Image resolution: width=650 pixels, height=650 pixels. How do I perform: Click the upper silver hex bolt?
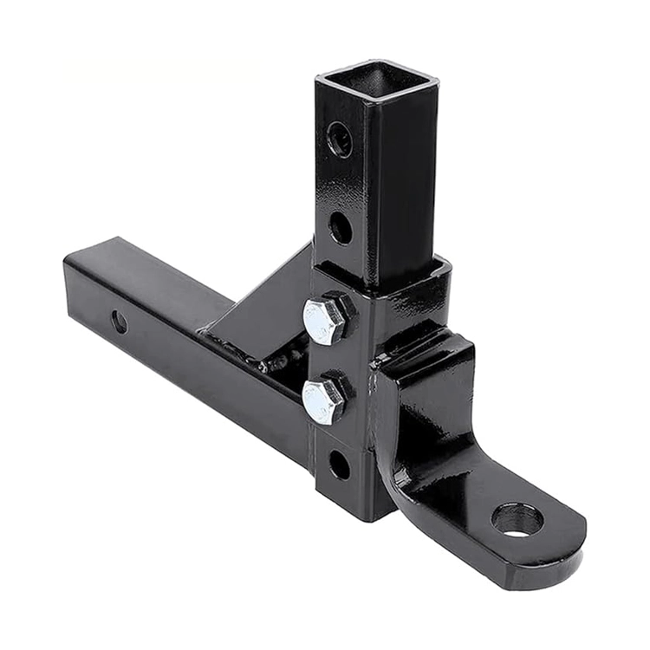(326, 320)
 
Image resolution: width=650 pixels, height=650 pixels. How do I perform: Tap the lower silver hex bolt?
(325, 400)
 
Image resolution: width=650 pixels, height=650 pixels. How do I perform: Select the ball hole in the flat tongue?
(517, 519)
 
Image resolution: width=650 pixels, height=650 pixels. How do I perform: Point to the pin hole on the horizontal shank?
(119, 322)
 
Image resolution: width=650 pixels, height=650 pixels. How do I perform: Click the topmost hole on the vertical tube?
(340, 139)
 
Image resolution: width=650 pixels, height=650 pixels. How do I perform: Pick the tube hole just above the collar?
(341, 228)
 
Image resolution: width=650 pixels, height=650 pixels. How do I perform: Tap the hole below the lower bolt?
(339, 465)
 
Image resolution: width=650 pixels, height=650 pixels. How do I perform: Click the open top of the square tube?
(377, 81)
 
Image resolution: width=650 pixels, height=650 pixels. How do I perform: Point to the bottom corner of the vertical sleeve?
(364, 518)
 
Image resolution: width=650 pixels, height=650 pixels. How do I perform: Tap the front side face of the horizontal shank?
(191, 364)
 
